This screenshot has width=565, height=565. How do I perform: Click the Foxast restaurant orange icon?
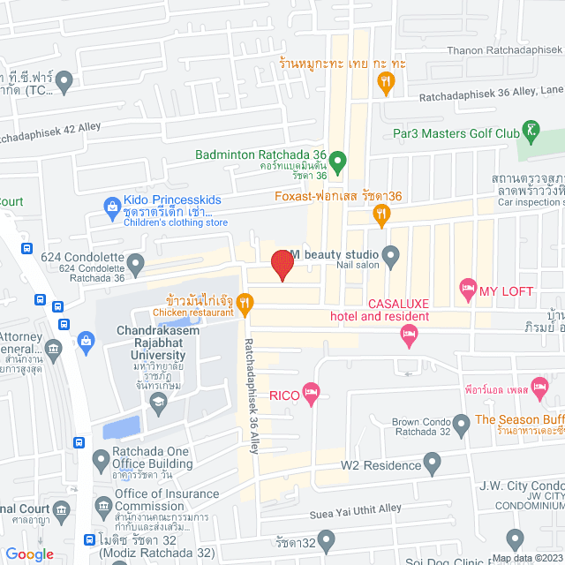[x=381, y=212]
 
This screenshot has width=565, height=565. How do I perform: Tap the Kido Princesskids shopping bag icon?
[x=112, y=208]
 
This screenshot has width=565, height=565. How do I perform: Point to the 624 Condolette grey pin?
[x=135, y=263]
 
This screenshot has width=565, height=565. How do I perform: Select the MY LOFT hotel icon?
[x=466, y=289]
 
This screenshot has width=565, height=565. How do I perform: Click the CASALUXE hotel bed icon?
[x=407, y=333]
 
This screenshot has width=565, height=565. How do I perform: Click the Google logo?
[x=29, y=554]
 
